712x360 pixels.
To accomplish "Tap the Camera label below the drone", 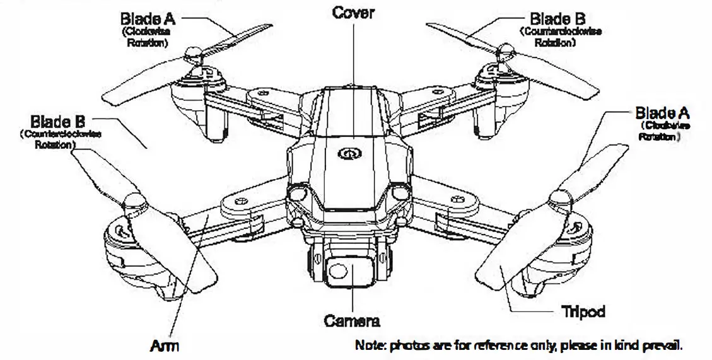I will click(352, 321).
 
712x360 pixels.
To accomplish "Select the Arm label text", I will click(165, 345).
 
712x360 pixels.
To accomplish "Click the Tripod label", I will click(583, 311).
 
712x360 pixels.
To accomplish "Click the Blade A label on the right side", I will click(662, 113).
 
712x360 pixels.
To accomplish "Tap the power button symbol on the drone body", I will click(347, 153).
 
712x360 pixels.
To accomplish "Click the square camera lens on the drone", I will click(340, 270).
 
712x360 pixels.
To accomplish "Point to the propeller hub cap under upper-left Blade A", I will click(193, 54).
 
